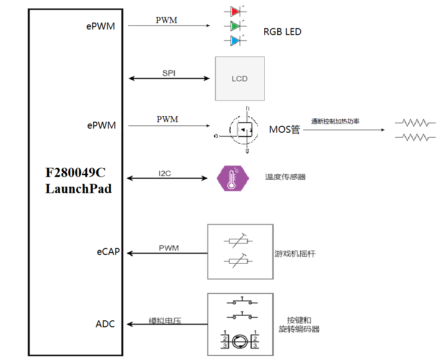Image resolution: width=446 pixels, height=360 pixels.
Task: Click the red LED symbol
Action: tap(234, 11)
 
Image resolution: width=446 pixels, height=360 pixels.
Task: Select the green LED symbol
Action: tap(234, 25)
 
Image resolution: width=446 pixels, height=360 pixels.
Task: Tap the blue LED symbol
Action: tap(234, 41)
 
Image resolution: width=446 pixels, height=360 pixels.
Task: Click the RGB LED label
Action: tap(282, 32)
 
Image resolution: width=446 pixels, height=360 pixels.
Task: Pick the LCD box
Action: tap(240, 78)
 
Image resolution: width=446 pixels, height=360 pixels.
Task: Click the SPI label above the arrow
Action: tap(169, 73)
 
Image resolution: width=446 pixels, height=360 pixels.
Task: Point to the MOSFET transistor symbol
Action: tap(243, 130)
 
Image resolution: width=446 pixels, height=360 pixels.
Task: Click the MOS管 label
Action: tap(285, 130)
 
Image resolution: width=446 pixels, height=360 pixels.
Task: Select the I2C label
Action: tap(165, 173)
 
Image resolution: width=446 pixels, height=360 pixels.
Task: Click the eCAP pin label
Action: tap(108, 252)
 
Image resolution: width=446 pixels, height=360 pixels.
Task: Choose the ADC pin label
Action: tap(105, 324)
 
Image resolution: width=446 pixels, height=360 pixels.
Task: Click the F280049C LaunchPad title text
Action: tap(78, 181)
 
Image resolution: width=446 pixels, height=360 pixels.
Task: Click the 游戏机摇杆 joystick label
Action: tap(295, 254)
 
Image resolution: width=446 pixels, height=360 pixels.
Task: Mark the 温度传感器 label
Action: tap(285, 177)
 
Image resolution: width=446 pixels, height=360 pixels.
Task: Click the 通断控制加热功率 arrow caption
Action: tap(335, 122)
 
